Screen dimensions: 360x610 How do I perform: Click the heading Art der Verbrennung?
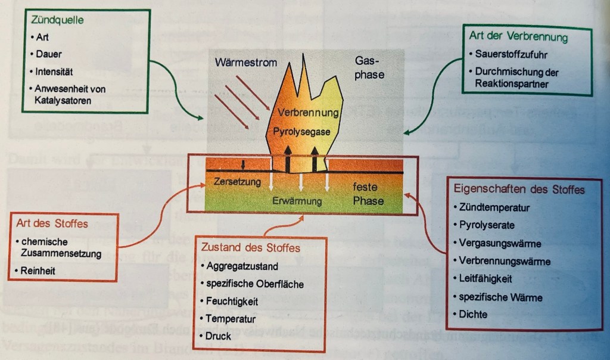click(x=518, y=37)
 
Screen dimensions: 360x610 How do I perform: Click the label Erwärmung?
click(x=297, y=201)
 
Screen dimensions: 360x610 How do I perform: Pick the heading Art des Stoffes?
click(x=53, y=224)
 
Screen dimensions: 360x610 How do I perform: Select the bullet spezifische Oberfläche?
click(x=256, y=284)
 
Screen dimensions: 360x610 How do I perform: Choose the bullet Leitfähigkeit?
click(x=485, y=278)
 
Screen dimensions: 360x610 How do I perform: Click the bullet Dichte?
click(x=474, y=314)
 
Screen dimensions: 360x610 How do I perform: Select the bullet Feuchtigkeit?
click(x=233, y=302)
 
